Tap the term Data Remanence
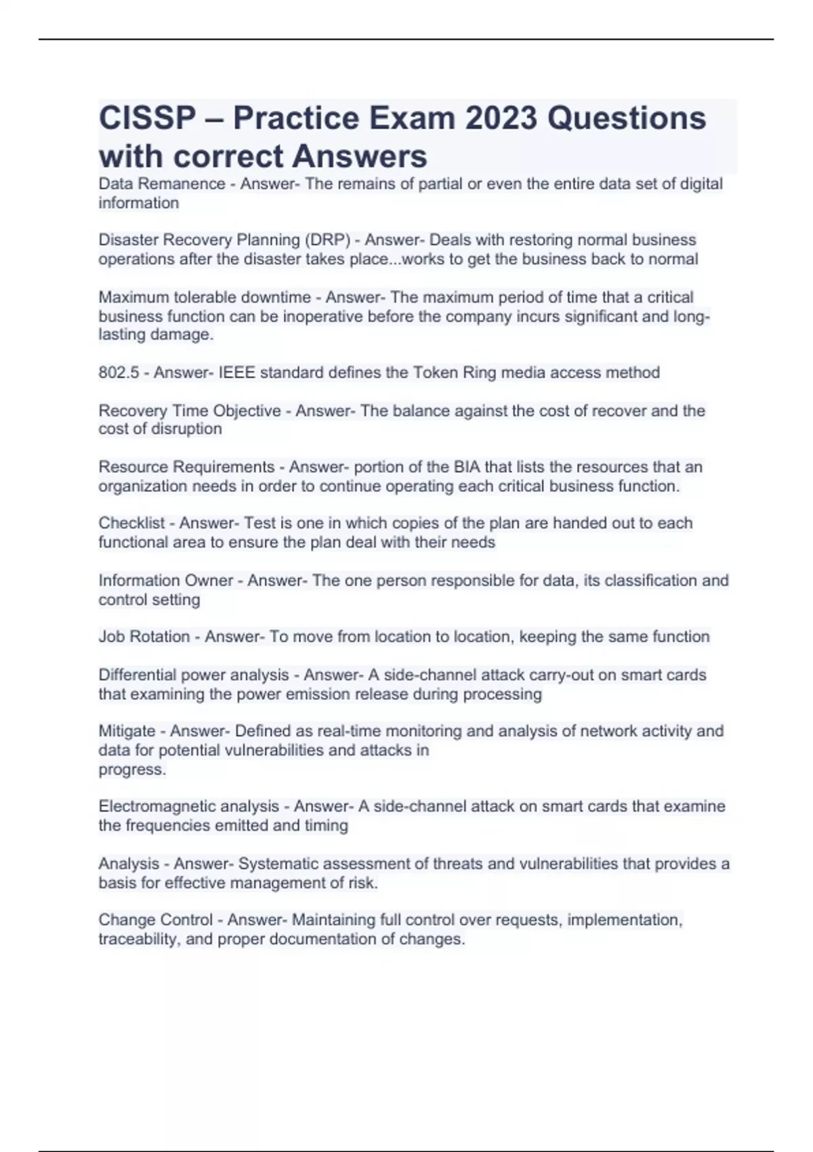pos(161,184)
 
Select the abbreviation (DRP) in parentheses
pos(327,240)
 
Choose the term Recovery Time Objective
pos(190,411)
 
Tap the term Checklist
pos(131,523)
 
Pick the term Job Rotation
pos(144,637)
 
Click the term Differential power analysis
pos(194,675)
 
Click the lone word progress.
pos(131,770)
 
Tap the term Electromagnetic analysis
pos(188,806)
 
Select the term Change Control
pos(155,920)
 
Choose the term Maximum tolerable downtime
pos(205,297)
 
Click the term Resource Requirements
pos(186,467)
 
